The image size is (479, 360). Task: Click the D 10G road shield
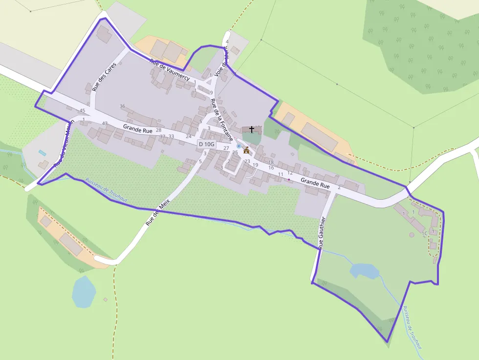[x=206, y=144]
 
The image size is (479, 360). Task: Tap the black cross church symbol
[x=252, y=129]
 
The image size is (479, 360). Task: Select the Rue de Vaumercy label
[x=170, y=70]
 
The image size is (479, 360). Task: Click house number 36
[x=122, y=106]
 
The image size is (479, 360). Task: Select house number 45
[x=82, y=111]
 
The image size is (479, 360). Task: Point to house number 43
[x=104, y=123]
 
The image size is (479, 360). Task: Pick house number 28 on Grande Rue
[x=158, y=130]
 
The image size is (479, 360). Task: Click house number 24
[x=188, y=136]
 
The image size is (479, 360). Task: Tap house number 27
[x=226, y=148]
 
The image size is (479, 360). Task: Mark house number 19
[x=255, y=165]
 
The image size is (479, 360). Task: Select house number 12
[x=290, y=173]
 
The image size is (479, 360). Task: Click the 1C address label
[x=425, y=233]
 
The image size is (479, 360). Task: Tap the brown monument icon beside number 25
[x=246, y=150]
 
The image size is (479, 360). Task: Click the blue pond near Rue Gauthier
[x=365, y=271]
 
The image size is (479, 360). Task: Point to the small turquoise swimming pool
[x=43, y=153]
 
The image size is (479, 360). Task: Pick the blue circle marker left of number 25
[x=239, y=146]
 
